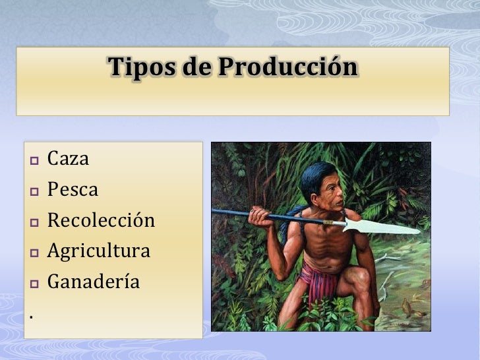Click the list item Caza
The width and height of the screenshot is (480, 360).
[x=68, y=159]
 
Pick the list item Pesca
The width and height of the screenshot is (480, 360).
[x=73, y=190]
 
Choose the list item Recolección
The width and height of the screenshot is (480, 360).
[x=101, y=220]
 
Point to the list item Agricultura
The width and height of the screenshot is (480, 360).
[x=98, y=251]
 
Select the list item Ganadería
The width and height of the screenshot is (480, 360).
[x=93, y=282]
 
